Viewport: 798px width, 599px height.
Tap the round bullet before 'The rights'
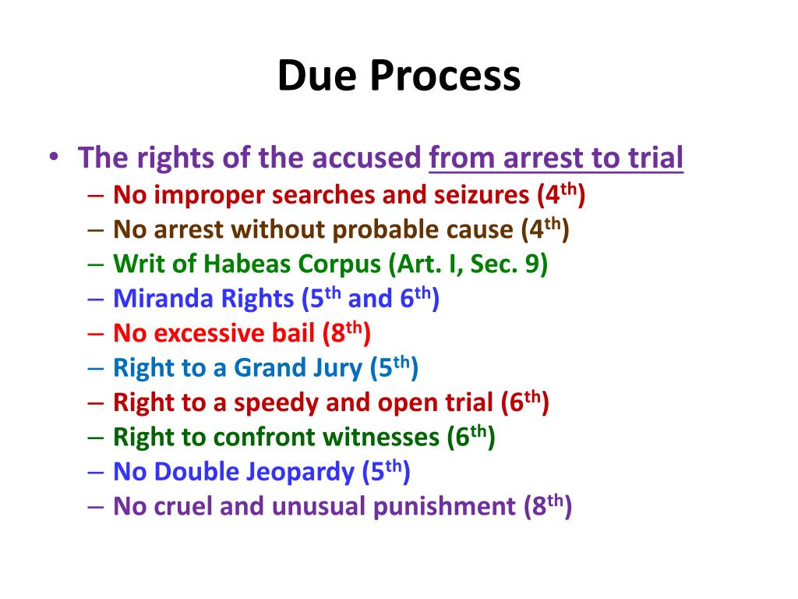pos(53,159)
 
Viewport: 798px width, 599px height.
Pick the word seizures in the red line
pos(483,195)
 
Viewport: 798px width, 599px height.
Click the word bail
pos(291,334)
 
